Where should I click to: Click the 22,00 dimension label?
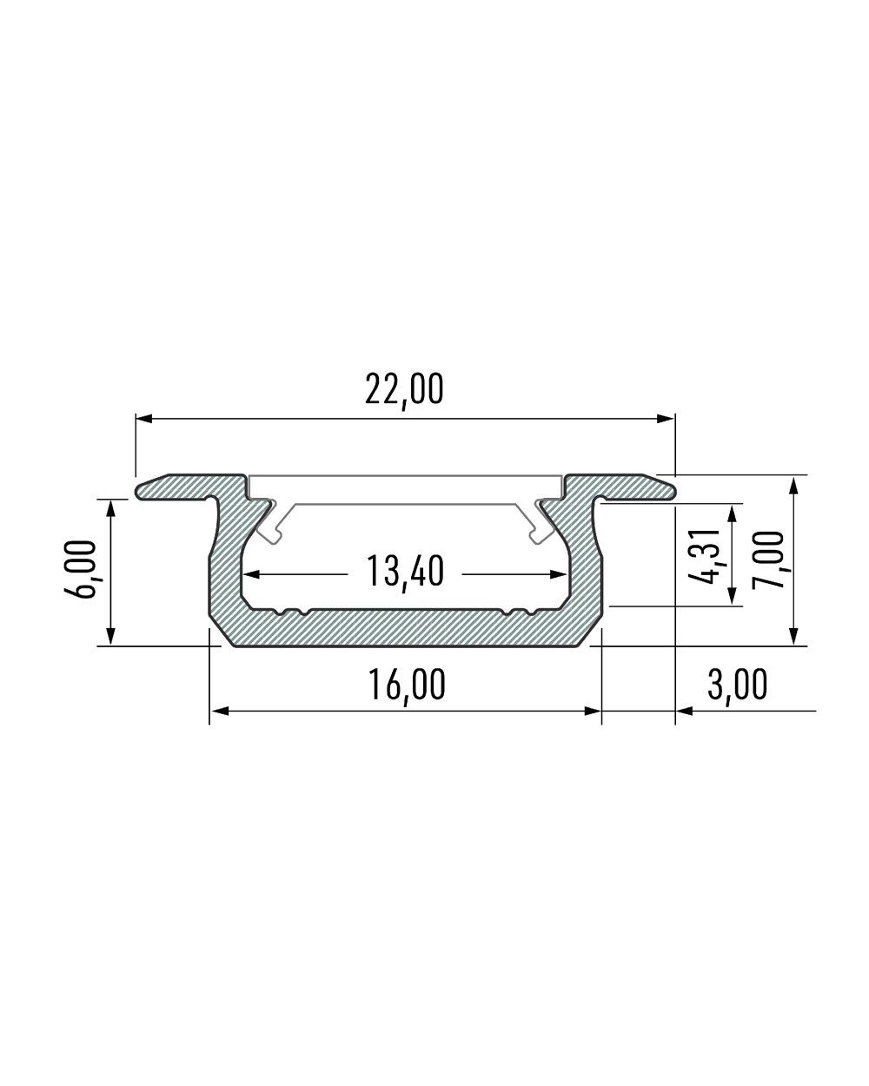pos(404,390)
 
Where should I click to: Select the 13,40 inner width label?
pos(405,573)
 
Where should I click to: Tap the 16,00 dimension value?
pos(407,685)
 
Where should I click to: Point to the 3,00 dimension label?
pos(737,685)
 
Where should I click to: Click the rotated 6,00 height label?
pos(82,569)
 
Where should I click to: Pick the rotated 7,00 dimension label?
pos(768,560)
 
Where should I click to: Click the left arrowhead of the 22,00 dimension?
pos(144,419)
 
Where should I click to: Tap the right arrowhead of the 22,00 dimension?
pos(666,419)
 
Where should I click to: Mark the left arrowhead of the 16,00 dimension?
pos(219,711)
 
